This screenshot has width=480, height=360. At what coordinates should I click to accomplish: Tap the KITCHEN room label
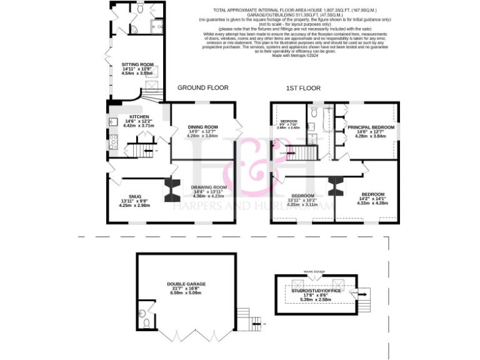(x=139, y=117)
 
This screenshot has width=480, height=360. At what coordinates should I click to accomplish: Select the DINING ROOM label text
(x=202, y=127)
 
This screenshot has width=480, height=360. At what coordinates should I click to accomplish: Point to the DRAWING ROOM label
(x=209, y=187)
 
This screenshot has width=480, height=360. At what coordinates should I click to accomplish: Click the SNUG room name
(x=135, y=196)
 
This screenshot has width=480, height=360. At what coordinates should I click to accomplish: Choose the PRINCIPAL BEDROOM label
(x=371, y=127)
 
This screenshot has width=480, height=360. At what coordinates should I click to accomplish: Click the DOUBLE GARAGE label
(x=186, y=284)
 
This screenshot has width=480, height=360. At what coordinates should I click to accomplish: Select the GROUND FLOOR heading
(x=203, y=88)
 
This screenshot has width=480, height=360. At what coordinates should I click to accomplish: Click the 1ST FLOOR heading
(x=304, y=88)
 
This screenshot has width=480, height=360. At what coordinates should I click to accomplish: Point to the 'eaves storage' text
(x=315, y=272)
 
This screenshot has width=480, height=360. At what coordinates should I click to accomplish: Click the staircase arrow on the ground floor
(x=147, y=151)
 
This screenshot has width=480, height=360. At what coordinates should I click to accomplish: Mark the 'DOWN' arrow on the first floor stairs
(x=286, y=152)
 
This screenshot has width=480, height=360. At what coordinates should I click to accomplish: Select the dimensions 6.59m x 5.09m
(x=186, y=293)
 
